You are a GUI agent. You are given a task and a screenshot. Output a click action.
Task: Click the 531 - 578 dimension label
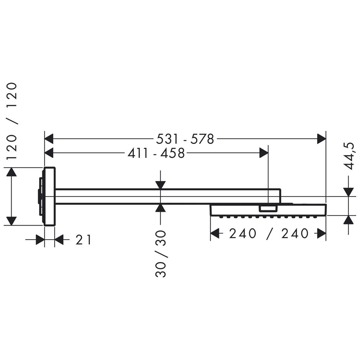coord(185,139)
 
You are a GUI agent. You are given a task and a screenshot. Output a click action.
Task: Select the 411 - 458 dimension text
coord(156,153)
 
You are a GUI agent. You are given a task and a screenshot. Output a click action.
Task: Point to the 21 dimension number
coord(84,240)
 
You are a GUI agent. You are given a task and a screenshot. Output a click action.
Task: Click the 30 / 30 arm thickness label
coord(161,254)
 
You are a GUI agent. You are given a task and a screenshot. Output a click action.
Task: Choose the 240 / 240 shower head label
coord(269,234)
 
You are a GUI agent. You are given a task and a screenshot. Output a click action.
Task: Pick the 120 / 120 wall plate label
coord(11,121)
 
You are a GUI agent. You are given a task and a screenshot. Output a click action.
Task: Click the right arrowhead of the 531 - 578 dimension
coord(321,139)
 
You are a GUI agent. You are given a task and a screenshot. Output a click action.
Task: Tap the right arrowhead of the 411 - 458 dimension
coord(264,153)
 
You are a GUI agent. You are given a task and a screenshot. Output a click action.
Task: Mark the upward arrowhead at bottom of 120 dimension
coord(11,221)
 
